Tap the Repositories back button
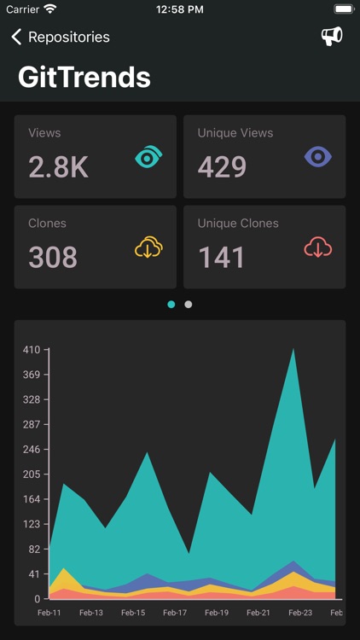tap(60, 37)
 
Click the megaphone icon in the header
tap(331, 36)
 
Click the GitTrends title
tap(84, 78)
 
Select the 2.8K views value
tap(58, 167)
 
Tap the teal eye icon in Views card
tap(148, 158)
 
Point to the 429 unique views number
tap(222, 167)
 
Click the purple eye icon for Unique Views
tap(317, 157)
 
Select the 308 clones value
tap(53, 257)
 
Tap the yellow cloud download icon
tap(148, 247)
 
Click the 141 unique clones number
tap(221, 257)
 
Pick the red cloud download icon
tap(317, 247)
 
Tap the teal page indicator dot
tap(171, 304)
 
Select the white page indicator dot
tap(189, 304)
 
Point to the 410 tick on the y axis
tap(32, 350)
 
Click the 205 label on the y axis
tap(32, 474)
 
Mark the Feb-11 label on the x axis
tap(49, 613)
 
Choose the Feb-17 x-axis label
tap(175, 613)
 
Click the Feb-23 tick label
tap(300, 613)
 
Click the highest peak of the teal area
tap(294, 351)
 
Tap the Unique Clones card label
tap(238, 224)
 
